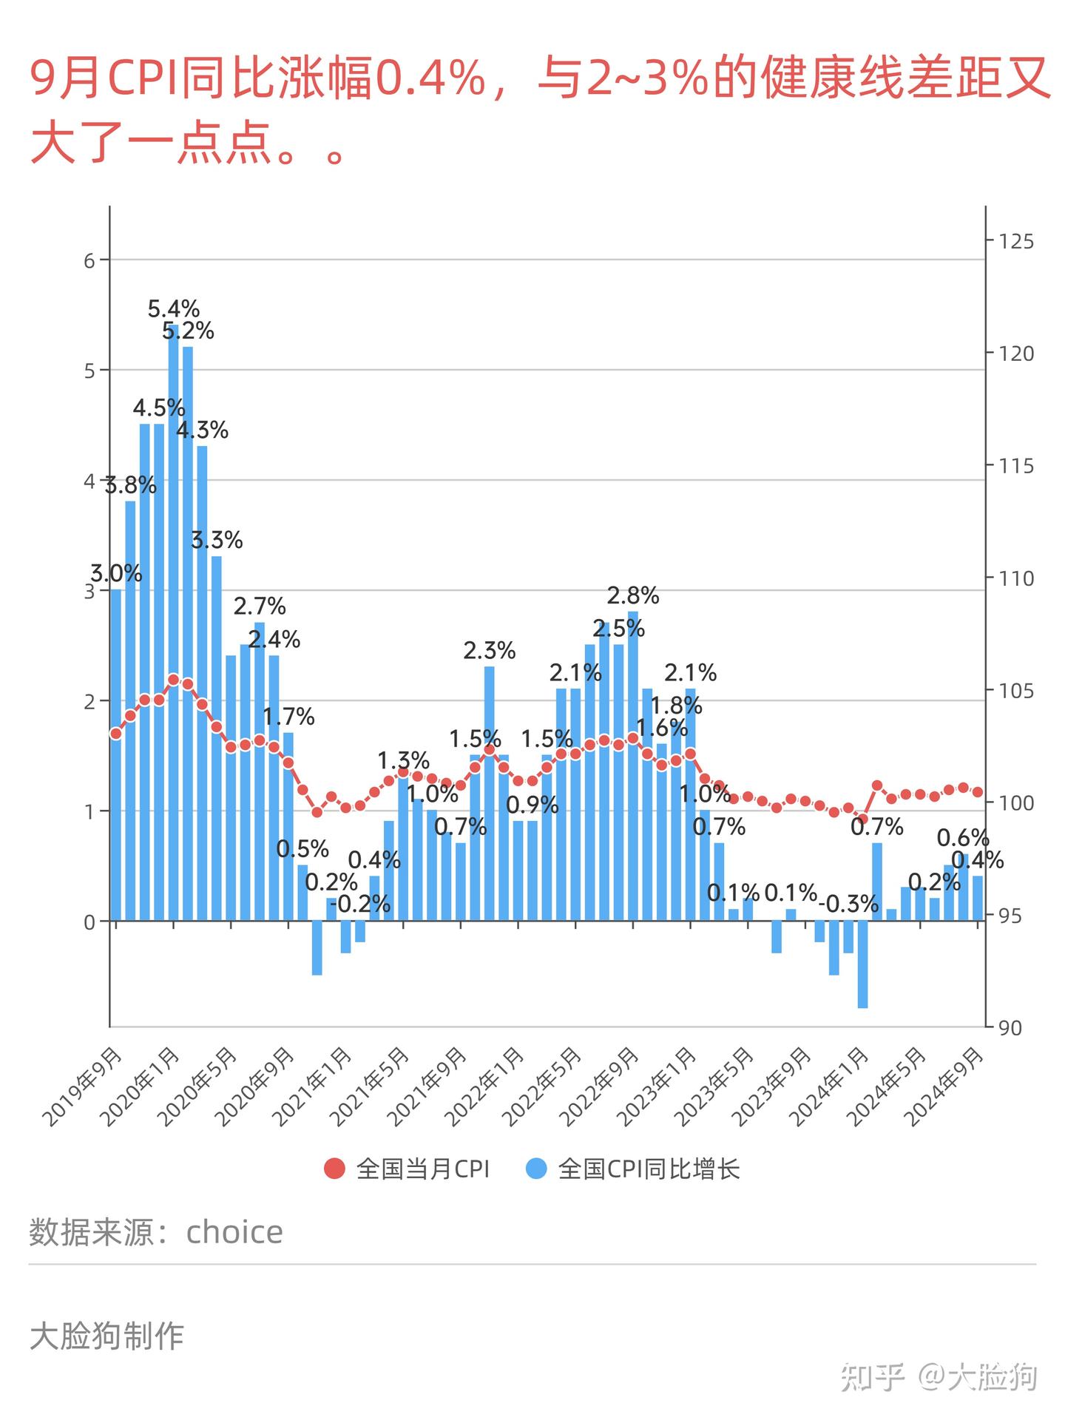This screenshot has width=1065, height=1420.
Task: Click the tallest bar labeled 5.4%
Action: point(173,621)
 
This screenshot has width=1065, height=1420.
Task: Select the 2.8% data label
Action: point(632,595)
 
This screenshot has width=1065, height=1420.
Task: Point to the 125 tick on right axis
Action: point(1015,241)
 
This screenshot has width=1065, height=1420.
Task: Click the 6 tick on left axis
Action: point(89,260)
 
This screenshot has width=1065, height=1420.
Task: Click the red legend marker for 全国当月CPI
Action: point(334,1169)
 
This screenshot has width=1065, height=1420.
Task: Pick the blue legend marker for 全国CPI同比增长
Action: point(536,1169)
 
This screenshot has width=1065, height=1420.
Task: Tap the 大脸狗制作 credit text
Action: point(106,1336)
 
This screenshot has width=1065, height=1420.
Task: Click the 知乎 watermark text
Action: point(873,1376)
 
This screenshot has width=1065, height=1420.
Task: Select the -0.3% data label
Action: point(848,904)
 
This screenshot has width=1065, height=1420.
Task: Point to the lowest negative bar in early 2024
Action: point(862,964)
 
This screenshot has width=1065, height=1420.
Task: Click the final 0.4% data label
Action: point(977,860)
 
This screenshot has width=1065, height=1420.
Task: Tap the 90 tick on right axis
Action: point(1010,1027)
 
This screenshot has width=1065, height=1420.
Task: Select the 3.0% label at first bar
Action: point(116,573)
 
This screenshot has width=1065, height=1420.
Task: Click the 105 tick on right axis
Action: point(1015,691)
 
